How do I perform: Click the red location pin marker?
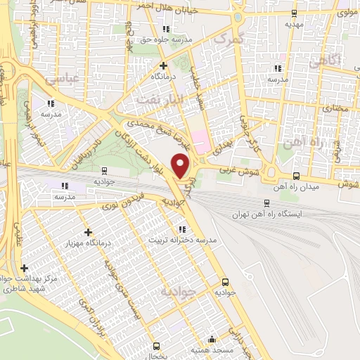click(x=182, y=167)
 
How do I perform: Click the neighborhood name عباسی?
click(x=60, y=79)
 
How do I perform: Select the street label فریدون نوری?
click(x=99, y=202)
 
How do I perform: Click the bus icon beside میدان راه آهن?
click(x=296, y=176)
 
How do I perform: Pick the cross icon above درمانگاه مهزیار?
click(x=88, y=232)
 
